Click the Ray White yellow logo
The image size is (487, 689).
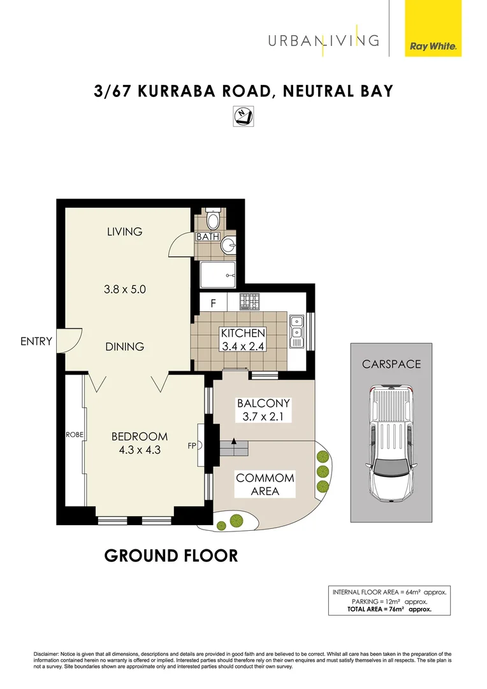(433, 29)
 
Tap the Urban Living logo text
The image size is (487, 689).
(323, 40)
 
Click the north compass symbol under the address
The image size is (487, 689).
(242, 115)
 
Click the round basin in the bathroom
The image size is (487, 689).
(228, 246)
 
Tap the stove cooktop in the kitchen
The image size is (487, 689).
(249, 301)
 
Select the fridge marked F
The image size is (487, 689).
(214, 303)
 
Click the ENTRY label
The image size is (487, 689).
(36, 341)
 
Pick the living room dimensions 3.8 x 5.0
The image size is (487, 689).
(125, 289)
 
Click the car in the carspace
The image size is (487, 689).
(389, 441)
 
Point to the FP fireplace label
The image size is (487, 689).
(191, 446)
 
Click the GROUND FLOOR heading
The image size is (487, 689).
(171, 556)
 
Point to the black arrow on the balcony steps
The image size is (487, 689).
(234, 441)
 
